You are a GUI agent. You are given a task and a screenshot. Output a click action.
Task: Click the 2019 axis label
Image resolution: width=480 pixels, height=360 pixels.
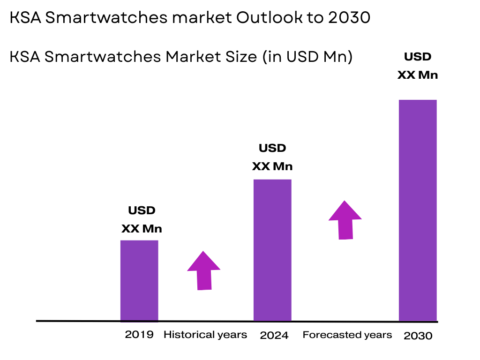(x=139, y=335)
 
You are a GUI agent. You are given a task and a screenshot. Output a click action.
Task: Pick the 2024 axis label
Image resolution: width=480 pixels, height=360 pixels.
(x=274, y=335)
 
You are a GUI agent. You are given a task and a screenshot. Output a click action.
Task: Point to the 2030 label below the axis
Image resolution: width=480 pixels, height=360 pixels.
(x=418, y=336)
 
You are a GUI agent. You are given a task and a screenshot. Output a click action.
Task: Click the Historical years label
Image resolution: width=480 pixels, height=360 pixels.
(x=205, y=335)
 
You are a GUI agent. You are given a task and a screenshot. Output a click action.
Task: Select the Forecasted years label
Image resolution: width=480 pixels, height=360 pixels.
(x=347, y=335)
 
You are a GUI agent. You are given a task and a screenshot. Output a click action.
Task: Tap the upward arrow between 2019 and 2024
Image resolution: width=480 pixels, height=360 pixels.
(x=204, y=270)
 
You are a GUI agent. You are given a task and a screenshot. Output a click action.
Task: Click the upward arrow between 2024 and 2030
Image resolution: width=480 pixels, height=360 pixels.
(x=345, y=220)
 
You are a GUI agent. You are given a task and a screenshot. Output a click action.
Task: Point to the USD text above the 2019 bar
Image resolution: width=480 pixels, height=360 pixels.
(x=142, y=210)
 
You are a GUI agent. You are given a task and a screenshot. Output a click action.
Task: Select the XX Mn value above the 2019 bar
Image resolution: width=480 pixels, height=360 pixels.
(x=142, y=229)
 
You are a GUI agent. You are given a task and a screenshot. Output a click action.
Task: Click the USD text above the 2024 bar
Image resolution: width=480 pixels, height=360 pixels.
(x=272, y=148)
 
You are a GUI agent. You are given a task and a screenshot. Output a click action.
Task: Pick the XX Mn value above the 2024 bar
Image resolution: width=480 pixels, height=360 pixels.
(x=272, y=166)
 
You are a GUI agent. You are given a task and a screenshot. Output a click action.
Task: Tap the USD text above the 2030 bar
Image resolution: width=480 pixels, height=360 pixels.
(x=418, y=57)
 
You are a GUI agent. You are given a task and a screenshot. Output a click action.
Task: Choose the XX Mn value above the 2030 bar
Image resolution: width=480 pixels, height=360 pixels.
(x=418, y=75)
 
